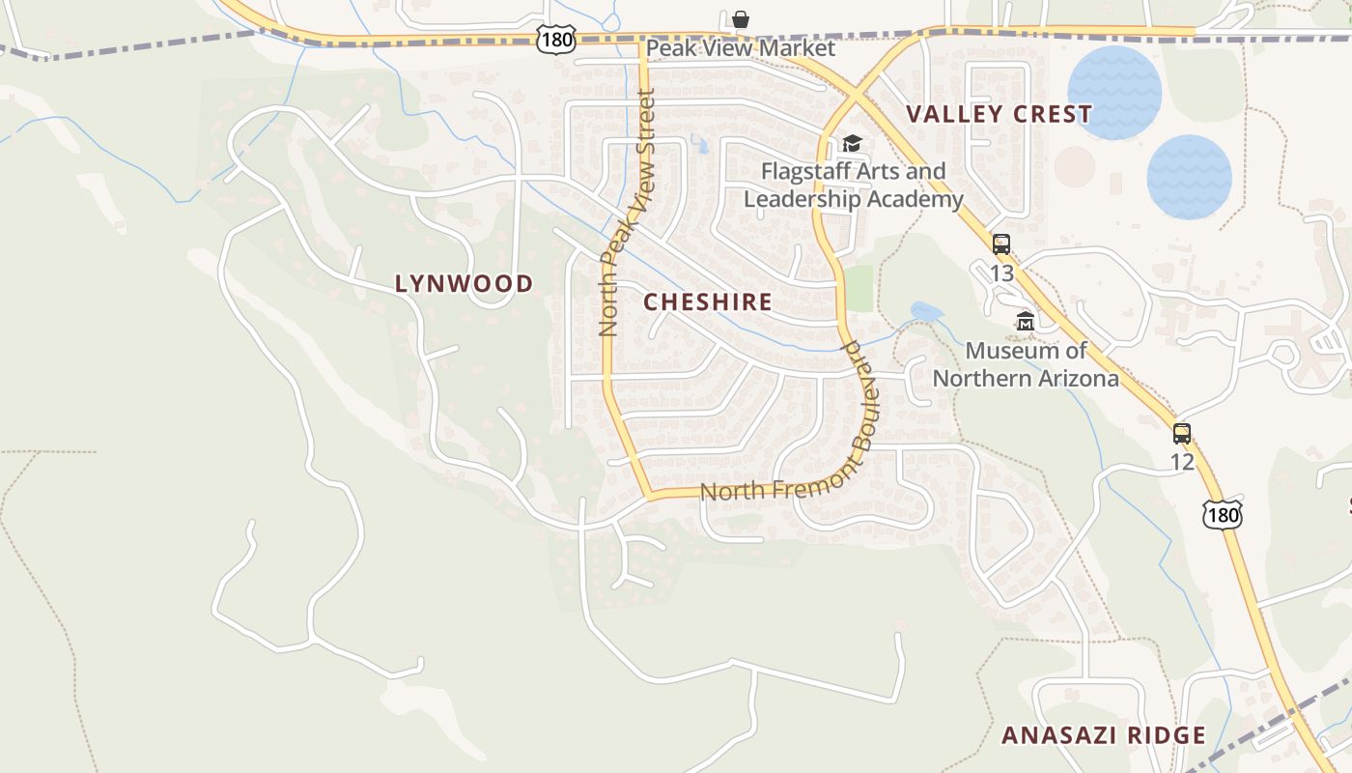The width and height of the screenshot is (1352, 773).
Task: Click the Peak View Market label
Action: tap(741, 48)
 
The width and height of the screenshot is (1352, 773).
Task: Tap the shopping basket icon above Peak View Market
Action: tap(741, 19)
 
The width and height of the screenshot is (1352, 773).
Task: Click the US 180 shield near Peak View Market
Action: tap(557, 40)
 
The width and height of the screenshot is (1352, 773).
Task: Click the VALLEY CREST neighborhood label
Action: tap(999, 114)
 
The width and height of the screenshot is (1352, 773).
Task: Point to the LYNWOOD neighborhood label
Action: tap(464, 283)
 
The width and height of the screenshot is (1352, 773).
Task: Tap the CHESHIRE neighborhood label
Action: tap(708, 301)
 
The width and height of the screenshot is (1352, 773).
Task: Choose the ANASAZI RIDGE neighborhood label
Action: tap(1104, 735)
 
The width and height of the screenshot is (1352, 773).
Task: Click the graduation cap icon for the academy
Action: tap(852, 144)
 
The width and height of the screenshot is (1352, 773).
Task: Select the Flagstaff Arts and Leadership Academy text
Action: tap(853, 186)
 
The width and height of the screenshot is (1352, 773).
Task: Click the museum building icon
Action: tap(1026, 321)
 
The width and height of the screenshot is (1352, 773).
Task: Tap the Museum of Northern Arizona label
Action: tap(1026, 364)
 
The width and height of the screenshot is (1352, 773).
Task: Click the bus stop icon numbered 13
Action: tap(1001, 244)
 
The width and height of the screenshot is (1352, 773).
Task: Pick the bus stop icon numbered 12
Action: tap(1182, 433)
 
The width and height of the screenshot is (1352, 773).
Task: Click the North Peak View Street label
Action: tap(627, 213)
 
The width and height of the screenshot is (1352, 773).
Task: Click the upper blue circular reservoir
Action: tap(1114, 92)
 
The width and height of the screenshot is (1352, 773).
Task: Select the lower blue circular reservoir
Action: tap(1189, 177)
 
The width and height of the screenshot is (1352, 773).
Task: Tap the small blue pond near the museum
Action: tap(926, 311)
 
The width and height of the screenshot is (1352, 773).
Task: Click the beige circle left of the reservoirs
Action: tap(1074, 166)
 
